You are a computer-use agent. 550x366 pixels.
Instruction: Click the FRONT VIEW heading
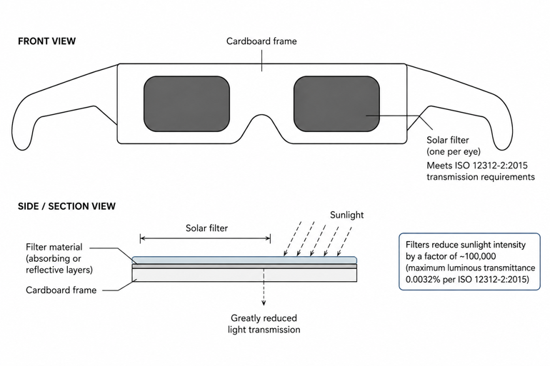coord(46,41)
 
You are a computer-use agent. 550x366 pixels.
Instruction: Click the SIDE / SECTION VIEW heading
coord(66,206)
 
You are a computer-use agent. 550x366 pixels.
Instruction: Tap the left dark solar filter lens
coord(186,104)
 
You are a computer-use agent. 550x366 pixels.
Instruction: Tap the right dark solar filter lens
coord(336,104)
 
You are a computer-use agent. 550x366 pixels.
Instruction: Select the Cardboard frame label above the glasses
coord(261,41)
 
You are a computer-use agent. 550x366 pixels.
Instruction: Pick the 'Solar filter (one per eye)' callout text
coord(453,146)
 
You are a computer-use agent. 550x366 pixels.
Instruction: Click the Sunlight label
coord(346,215)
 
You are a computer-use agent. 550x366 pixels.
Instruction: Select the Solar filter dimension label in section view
coord(206,228)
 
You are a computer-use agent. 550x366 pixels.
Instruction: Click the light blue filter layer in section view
coord(244,260)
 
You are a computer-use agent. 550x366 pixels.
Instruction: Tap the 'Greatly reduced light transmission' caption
coord(264,324)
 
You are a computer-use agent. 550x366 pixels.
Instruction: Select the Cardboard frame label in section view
coord(61,290)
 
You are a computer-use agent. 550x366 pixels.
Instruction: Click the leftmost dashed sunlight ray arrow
coord(293,238)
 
